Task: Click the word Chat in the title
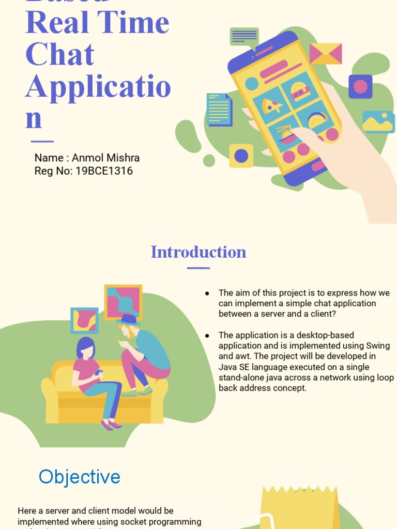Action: (60, 55)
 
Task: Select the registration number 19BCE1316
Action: (104, 171)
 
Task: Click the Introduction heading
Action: (198, 252)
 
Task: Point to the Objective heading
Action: (80, 477)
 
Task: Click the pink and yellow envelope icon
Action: (326, 54)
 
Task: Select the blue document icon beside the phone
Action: (219, 110)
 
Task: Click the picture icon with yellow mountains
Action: (378, 122)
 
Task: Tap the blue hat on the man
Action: (128, 319)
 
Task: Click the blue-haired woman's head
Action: (86, 348)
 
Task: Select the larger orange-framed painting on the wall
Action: (123, 302)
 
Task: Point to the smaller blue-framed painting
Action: (84, 321)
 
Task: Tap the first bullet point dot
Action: (207, 293)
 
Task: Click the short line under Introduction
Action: (198, 268)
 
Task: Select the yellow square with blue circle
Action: (241, 155)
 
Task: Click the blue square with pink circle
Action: (360, 86)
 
